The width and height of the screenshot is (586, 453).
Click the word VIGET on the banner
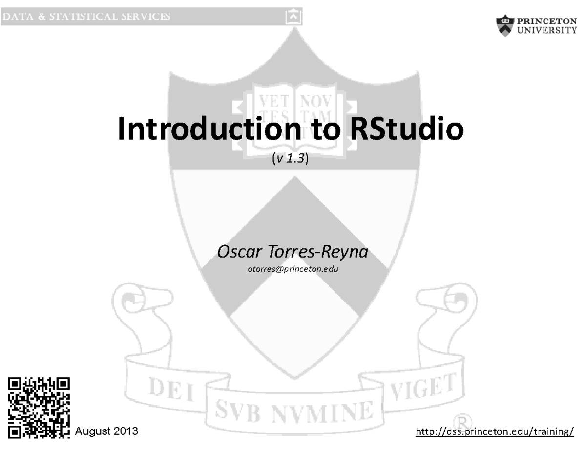coord(425,388)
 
